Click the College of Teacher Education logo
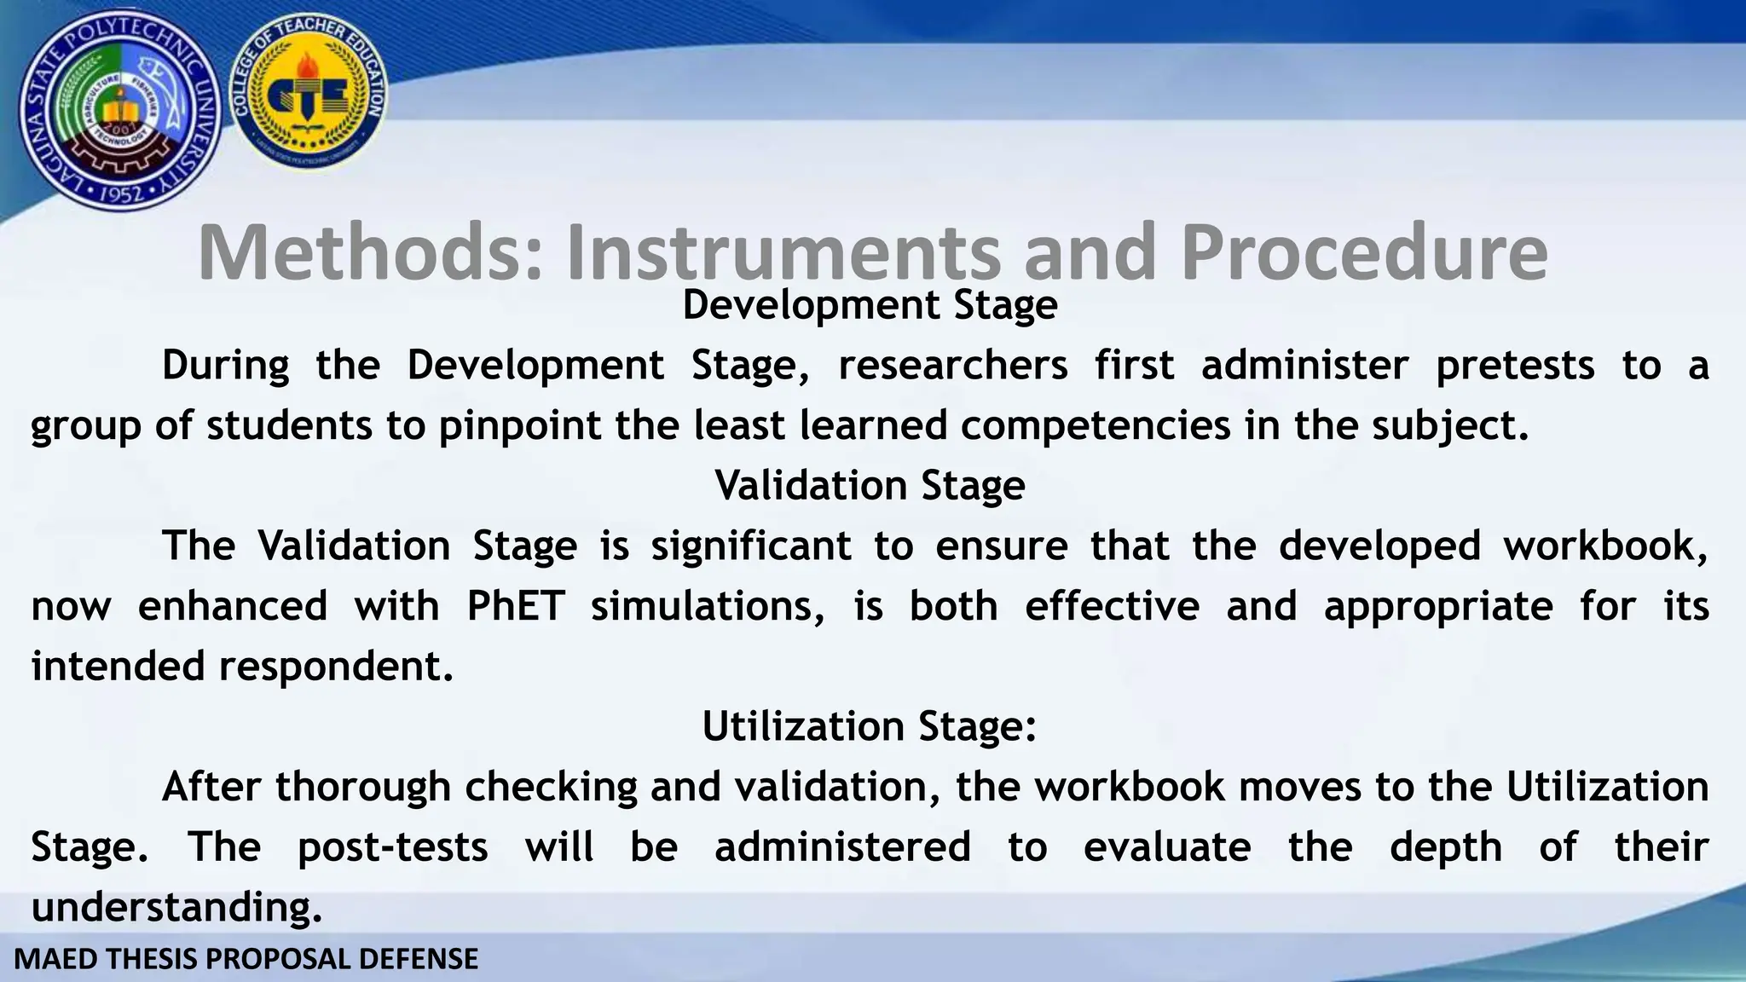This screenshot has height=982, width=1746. coord(309,94)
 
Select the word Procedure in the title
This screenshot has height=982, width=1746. coord(1364,252)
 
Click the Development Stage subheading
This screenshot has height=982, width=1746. coord(870,305)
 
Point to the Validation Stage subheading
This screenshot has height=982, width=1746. coord(870,486)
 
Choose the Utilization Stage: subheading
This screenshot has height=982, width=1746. coord(870,726)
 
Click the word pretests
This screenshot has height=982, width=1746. coord(1515,366)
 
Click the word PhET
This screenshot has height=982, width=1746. coord(516,607)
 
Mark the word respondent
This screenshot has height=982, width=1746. coord(336,667)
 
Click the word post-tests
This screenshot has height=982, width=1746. coord(393,847)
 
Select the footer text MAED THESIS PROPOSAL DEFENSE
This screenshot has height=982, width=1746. coord(246,959)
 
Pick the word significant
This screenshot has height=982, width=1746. coord(751,546)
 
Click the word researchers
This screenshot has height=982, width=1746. coord(953,366)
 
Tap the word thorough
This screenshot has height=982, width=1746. coord(362,787)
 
